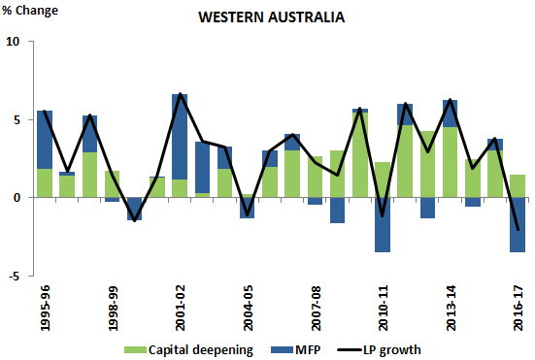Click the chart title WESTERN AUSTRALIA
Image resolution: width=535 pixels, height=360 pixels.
click(268, 17)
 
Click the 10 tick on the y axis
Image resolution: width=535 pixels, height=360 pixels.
click(13, 42)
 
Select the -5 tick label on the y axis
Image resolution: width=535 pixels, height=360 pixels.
click(13, 276)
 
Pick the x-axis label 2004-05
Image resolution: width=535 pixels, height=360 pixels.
click(249, 310)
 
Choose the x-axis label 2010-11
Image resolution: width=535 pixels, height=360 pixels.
click(384, 310)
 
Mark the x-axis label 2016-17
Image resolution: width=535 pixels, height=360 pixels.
click(518, 310)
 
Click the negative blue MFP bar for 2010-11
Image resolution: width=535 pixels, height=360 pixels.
click(383, 224)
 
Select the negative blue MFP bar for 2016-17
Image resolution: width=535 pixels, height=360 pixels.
click(518, 224)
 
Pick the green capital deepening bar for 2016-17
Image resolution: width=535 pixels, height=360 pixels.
click(518, 185)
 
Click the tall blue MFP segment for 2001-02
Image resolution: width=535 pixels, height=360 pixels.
click(180, 136)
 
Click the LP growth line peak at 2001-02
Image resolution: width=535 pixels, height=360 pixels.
click(180, 94)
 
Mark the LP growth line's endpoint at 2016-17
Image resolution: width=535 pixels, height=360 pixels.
click(518, 230)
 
